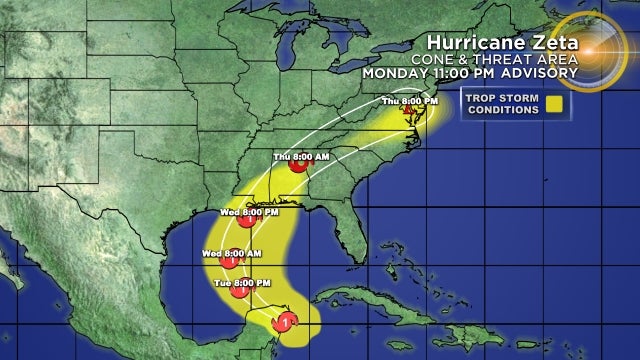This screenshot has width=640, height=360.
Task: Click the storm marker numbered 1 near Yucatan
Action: pyautogui.click(x=287, y=322)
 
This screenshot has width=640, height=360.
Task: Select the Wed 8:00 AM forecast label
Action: pyautogui.click(x=232, y=252)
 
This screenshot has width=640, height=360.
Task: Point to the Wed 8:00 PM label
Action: pyautogui.click(x=245, y=211)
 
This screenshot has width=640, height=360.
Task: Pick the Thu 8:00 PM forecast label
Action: pyautogui.click(x=410, y=102)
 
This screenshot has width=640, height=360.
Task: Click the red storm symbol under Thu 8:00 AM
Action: pyautogui.click(x=298, y=168)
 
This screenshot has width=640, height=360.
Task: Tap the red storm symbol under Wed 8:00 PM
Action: pyautogui.click(x=246, y=222)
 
